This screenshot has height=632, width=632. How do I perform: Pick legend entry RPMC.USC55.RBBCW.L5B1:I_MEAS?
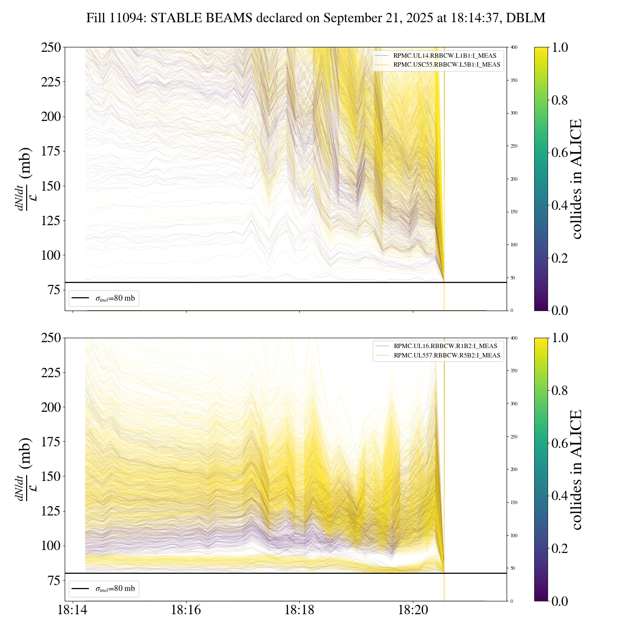446,65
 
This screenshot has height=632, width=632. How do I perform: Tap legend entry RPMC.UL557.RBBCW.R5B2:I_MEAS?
447,355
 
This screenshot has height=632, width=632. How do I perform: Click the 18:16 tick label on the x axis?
186,610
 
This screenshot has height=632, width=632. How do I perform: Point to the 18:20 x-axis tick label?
413,610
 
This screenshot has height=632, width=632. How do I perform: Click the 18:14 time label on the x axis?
73,610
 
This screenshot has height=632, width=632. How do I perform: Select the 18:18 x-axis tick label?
300,610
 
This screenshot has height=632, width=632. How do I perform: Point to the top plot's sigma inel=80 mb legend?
104,298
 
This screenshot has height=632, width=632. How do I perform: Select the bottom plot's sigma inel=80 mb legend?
104,589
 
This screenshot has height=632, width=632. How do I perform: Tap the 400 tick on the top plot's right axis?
514,47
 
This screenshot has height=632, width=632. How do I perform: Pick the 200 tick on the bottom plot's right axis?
514,470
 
